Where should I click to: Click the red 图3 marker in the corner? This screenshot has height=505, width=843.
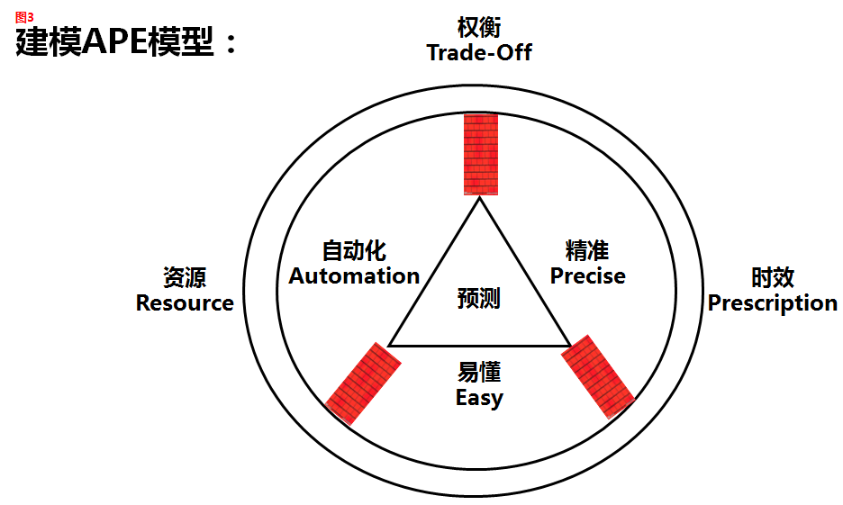pos(24,17)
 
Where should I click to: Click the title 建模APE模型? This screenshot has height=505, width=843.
pos(115,42)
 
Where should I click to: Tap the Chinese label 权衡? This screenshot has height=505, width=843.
pos(479,27)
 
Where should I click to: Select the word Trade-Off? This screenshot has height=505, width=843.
pos(479,52)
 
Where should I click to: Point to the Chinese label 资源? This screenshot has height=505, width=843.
pos(185,277)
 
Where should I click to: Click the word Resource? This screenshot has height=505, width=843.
pos(185,303)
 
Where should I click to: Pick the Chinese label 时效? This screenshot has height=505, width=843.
pos(773,277)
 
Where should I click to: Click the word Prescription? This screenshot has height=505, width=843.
pos(773,303)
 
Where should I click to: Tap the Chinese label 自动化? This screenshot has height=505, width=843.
pos(354,250)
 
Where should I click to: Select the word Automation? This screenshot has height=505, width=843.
pos(354,276)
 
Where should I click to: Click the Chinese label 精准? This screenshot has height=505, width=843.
pos(587,250)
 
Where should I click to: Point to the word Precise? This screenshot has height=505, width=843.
pos(587,276)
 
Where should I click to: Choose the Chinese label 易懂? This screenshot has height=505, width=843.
pos(479,372)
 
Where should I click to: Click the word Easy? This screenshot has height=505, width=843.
pos(479,398)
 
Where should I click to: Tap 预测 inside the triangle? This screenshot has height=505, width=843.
pos(479,298)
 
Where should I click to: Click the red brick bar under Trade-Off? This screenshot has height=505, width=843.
pos(480,154)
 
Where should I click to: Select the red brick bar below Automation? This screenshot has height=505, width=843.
pos(363,383)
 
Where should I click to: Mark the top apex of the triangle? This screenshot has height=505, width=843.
pos(480,199)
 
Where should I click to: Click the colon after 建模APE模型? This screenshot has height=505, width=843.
pos(230,44)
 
